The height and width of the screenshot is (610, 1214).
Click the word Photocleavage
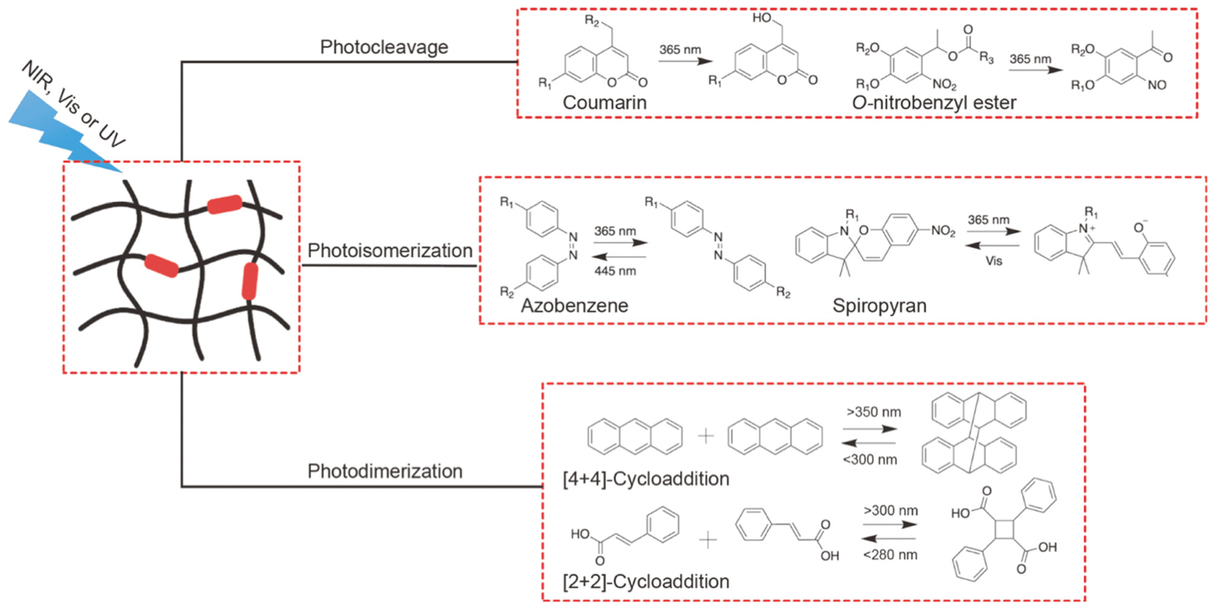pyautogui.click(x=384, y=47)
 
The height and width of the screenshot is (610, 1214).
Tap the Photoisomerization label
pyautogui.click(x=390, y=250)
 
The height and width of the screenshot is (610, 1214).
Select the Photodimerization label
pyautogui.click(x=385, y=471)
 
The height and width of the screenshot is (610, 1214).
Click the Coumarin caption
pyautogui.click(x=604, y=102)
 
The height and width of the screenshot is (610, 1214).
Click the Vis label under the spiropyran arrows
pyautogui.click(x=993, y=261)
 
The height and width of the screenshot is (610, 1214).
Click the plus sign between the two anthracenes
pyautogui.click(x=705, y=436)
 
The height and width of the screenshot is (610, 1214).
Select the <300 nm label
pyautogui.click(x=870, y=459)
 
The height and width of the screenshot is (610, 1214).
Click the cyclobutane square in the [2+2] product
pyautogui.click(x=1004, y=529)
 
